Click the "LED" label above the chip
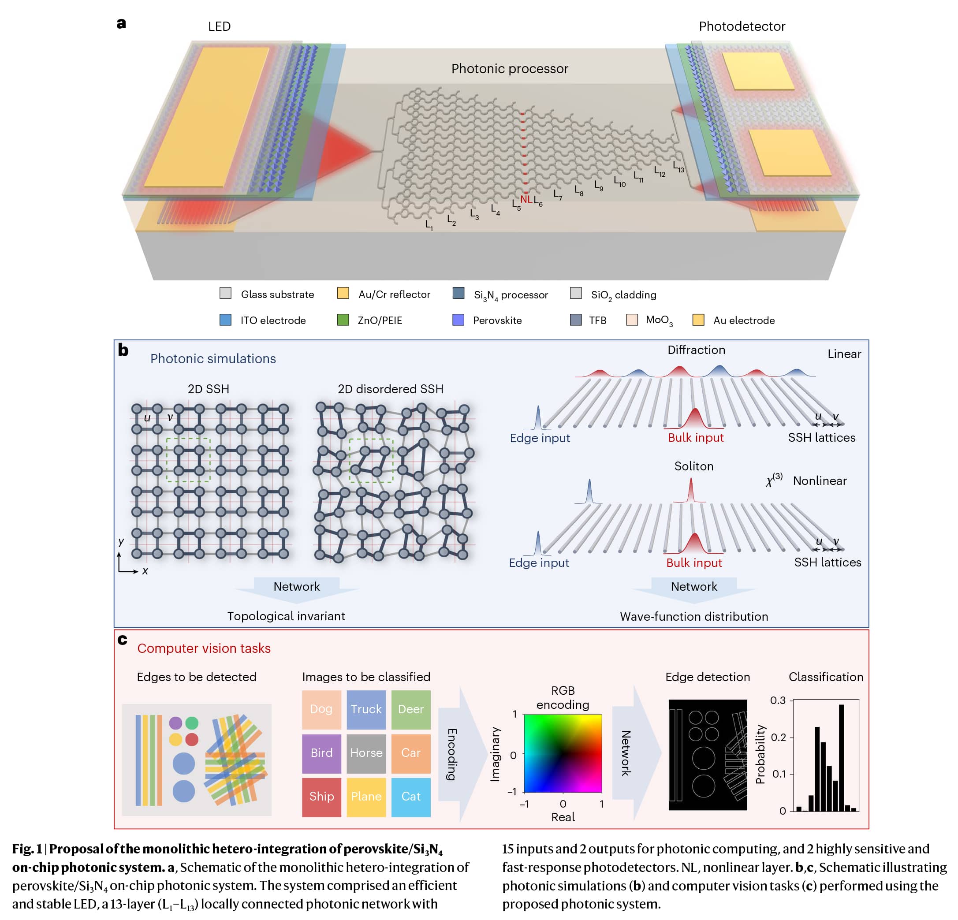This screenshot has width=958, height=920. click(x=219, y=26)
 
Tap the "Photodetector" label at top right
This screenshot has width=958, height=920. click(x=742, y=26)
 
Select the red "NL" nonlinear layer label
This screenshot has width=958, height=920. click(x=526, y=199)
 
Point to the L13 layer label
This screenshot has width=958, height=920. click(x=678, y=167)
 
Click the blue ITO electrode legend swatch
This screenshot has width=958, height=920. click(x=225, y=320)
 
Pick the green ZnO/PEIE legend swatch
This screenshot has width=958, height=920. click(x=343, y=320)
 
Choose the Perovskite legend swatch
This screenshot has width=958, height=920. click(x=458, y=320)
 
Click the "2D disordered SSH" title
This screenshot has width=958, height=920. click(x=391, y=389)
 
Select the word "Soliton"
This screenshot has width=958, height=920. click(x=693, y=466)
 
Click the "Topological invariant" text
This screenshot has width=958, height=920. click(x=286, y=616)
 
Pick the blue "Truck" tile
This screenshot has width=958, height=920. click(x=366, y=709)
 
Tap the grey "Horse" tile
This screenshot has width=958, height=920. click(x=366, y=753)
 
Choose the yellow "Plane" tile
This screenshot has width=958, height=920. click(x=366, y=796)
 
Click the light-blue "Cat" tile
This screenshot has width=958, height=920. click(x=410, y=796)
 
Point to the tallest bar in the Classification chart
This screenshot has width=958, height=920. click(x=841, y=757)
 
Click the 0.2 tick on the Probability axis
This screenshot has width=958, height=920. click(x=779, y=737)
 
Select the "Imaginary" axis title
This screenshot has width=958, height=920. click(x=496, y=754)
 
